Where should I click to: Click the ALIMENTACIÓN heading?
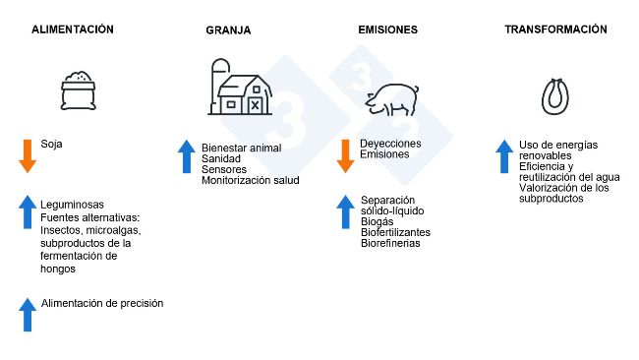click(73, 30)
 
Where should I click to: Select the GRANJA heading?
click(228, 30)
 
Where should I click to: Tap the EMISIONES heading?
click(387, 30)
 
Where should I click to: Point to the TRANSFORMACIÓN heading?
click(555, 30)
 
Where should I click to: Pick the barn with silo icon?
click(237, 89)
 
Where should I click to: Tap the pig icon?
click(391, 96)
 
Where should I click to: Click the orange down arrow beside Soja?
click(28, 155)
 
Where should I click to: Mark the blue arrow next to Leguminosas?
click(28, 211)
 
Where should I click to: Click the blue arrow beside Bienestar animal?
click(187, 157)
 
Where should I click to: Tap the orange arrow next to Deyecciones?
click(345, 155)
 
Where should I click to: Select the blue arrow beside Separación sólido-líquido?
click(345, 211)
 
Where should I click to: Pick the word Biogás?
click(378, 222)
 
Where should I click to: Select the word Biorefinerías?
click(390, 243)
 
